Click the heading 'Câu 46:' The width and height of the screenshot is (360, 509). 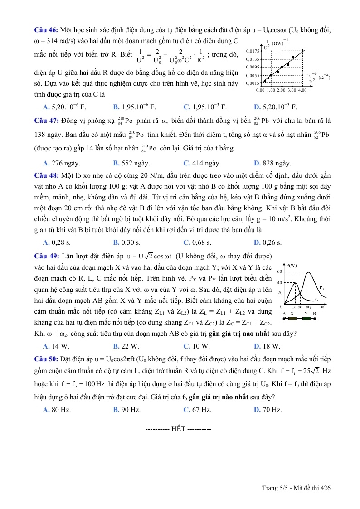(46, 30)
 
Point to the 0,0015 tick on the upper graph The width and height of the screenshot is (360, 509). (252, 83)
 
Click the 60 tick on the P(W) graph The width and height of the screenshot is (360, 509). (280, 271)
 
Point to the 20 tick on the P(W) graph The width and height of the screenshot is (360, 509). (280, 293)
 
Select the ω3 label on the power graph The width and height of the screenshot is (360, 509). (308, 308)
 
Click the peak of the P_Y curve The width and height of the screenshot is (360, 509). (308, 272)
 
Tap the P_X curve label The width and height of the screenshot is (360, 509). (316, 300)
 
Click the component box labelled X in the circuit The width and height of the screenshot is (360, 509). (293, 319)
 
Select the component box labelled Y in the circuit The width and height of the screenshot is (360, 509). (307, 319)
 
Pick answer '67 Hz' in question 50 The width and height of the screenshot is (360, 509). (197, 410)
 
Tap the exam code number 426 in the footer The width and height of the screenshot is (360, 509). (325, 488)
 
